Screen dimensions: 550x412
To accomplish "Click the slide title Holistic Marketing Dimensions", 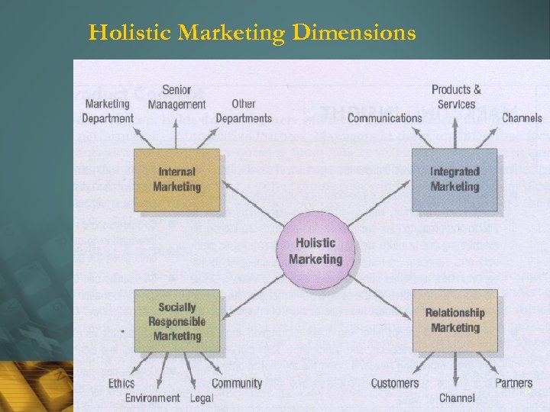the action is [x=252, y=33].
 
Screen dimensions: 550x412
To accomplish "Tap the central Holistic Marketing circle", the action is [x=315, y=250].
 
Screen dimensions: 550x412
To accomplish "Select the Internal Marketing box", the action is [x=177, y=179].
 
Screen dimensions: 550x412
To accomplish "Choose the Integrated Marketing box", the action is [x=455, y=179].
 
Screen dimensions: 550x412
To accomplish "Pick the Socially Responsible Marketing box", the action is [x=177, y=321].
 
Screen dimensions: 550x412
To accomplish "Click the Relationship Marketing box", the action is [x=455, y=320].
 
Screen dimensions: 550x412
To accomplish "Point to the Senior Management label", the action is [x=176, y=97].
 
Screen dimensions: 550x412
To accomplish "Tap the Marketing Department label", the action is [x=107, y=111].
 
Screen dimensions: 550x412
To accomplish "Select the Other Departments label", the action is [x=244, y=111].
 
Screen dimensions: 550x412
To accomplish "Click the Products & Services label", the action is [x=456, y=97].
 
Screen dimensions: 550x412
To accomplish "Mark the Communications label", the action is [x=384, y=117].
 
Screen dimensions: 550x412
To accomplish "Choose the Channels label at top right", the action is [x=522, y=117].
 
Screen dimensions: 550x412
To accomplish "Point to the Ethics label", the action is [x=121, y=383].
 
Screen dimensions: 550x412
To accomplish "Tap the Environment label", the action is [x=153, y=398].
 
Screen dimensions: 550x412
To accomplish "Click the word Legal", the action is [x=201, y=398].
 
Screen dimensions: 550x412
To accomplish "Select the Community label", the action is [x=237, y=383].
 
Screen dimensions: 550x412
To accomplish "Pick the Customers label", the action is [x=395, y=383].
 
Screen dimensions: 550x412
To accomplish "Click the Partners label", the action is [x=514, y=383].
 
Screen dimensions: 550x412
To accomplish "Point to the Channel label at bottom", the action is [x=457, y=398].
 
